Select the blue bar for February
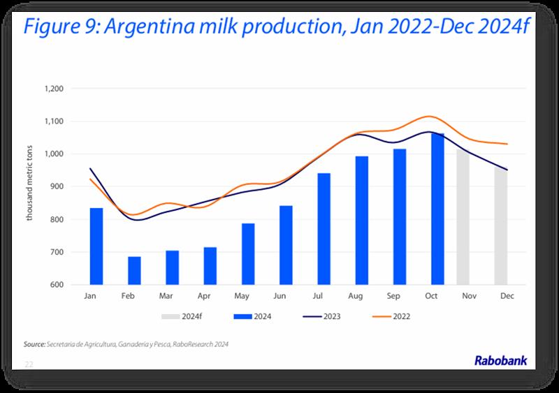[x=134, y=271]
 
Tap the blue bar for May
[x=248, y=254]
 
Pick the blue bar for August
[x=362, y=221]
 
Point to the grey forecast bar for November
[x=463, y=217]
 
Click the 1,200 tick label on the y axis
[x=54, y=89]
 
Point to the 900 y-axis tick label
[x=57, y=187]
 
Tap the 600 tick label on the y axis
[x=57, y=285]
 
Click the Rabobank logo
[x=501, y=361]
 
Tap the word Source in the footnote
[x=34, y=345]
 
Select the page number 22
[x=29, y=364]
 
